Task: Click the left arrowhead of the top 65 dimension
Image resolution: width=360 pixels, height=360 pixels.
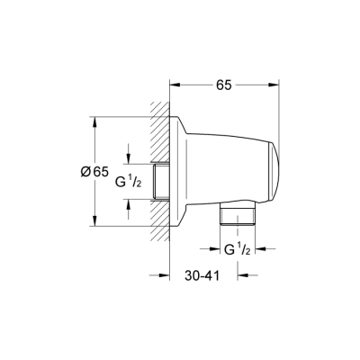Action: coord(175,85)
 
